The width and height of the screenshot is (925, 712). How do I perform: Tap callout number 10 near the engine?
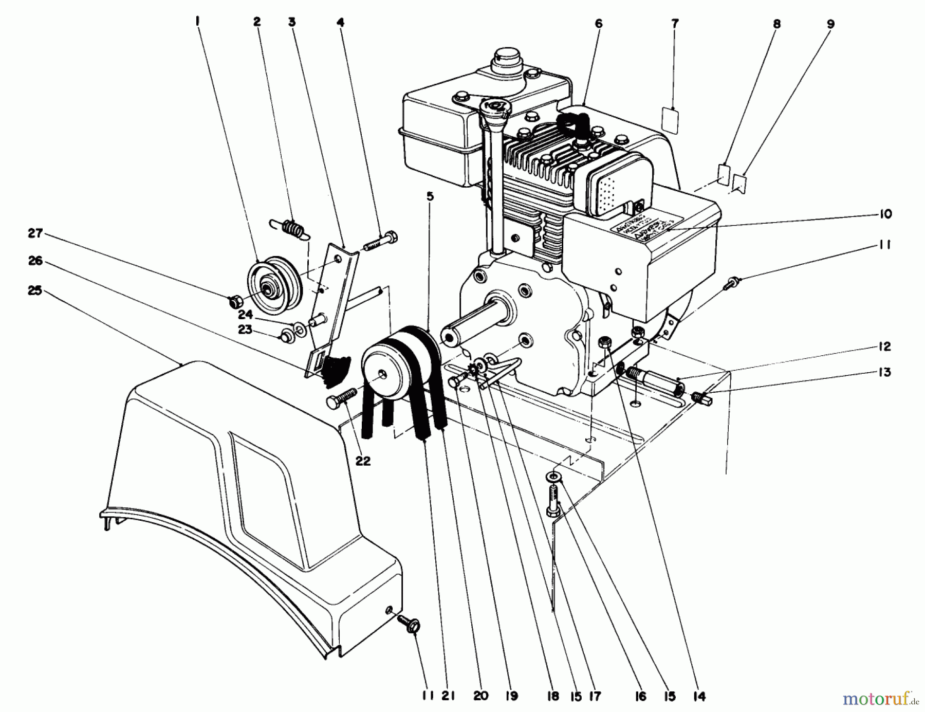[885, 214]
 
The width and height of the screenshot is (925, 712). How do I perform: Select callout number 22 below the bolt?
[363, 461]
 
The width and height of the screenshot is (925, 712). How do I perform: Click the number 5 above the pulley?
[430, 196]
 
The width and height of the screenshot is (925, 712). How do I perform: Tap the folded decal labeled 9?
[739, 182]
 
